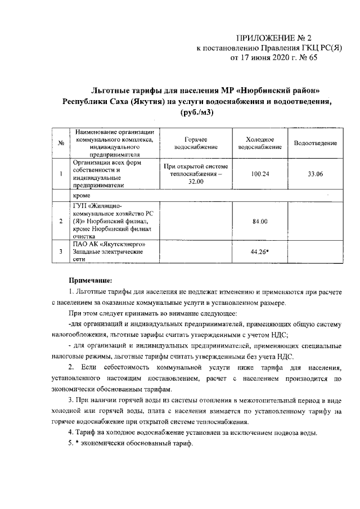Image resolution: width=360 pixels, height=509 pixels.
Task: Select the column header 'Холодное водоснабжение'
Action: tap(260, 143)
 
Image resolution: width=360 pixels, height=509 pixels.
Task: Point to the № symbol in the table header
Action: tap(60, 144)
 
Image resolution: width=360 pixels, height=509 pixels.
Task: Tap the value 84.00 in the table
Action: tap(260, 221)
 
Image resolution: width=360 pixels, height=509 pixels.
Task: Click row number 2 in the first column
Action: tap(60, 221)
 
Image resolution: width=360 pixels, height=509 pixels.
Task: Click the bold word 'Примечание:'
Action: tap(91, 279)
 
